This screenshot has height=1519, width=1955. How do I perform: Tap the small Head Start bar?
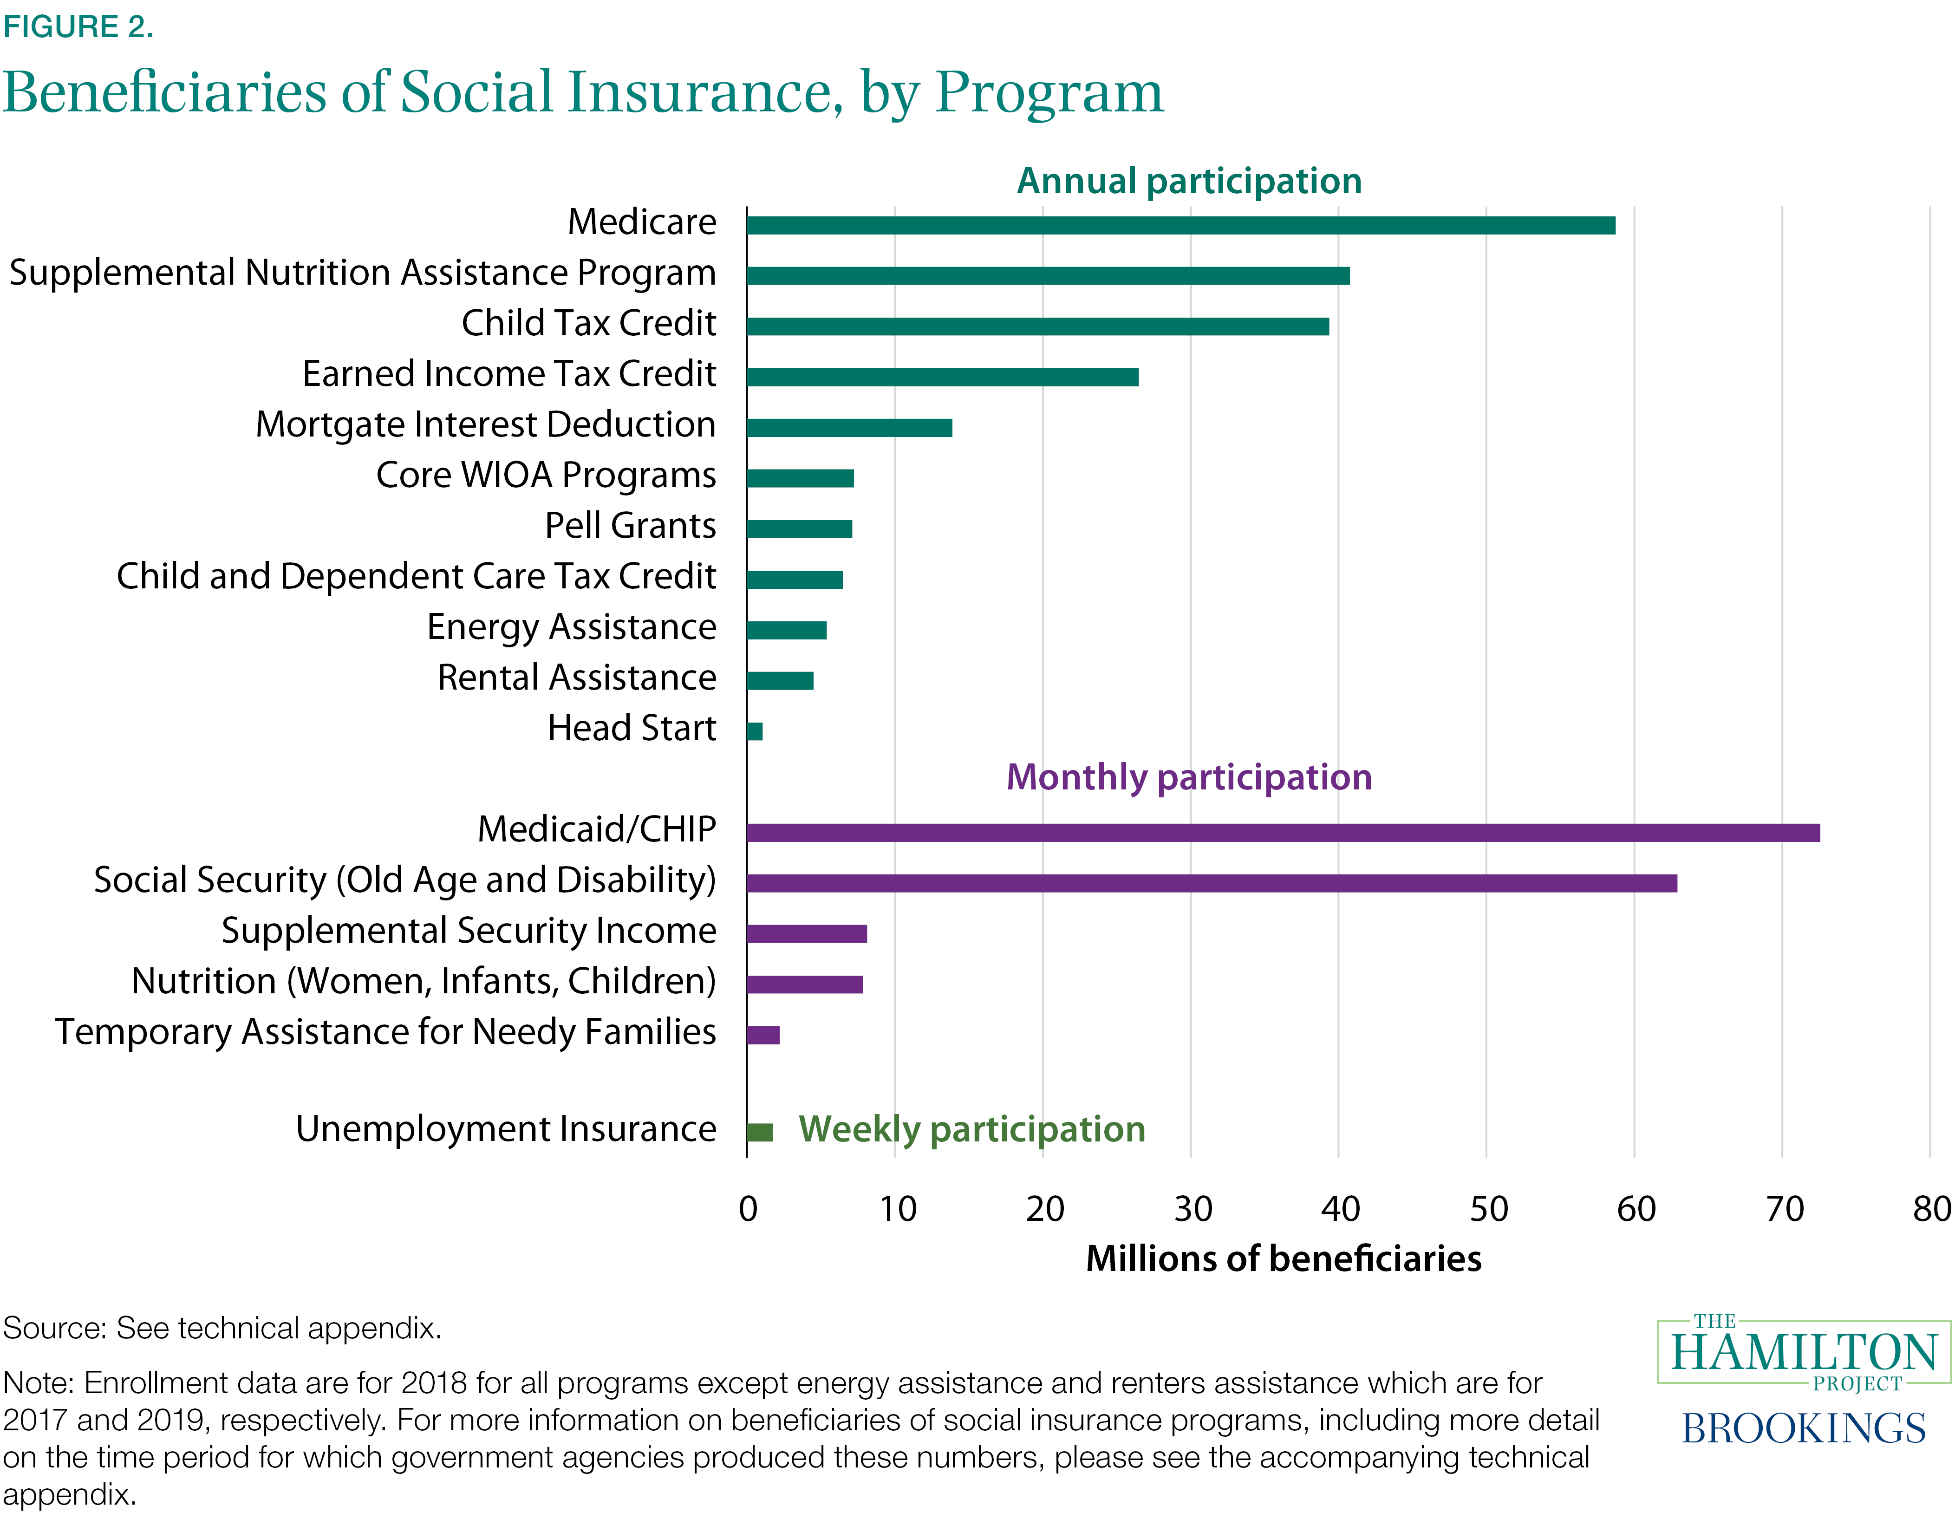point(755,731)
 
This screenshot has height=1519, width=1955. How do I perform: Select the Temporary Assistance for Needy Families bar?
point(762,1035)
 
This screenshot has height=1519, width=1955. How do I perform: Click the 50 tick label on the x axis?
point(1488,1209)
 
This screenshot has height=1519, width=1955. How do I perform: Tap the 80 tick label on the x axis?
point(1931,1209)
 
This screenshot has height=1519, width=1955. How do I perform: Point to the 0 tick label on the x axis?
point(749,1209)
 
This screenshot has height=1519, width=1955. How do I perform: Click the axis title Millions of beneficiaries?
point(1283,1258)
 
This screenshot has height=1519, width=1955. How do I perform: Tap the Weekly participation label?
point(971,1129)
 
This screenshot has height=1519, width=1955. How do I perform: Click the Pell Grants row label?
point(630,525)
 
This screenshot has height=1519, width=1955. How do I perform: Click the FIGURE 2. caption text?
point(78,27)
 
